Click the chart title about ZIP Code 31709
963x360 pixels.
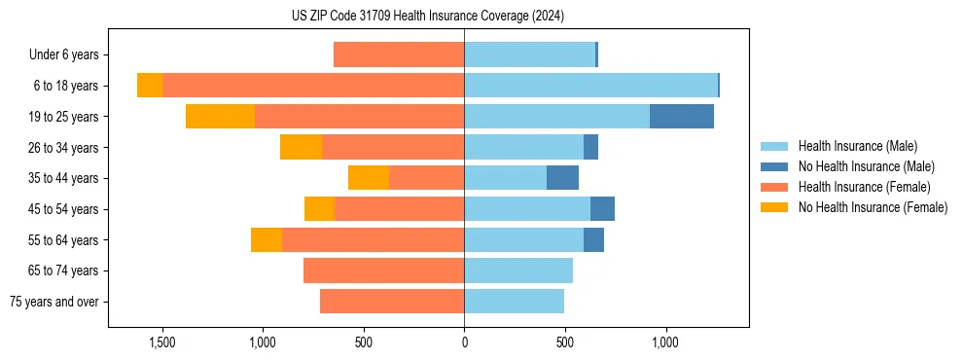[x=427, y=16]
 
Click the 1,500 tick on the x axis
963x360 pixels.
[x=161, y=342]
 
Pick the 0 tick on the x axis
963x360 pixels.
[x=464, y=342]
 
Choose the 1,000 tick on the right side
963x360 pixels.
[x=665, y=342]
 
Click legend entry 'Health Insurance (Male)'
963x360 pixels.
[x=857, y=146]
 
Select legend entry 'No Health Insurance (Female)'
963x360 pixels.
[x=873, y=207]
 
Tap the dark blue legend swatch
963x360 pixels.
[x=775, y=166]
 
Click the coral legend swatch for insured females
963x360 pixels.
[x=775, y=187]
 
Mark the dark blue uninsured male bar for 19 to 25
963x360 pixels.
[x=682, y=117]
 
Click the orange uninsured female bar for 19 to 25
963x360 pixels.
[x=220, y=117]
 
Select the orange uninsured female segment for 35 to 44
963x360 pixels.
[x=369, y=178]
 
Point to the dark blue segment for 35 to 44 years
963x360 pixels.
[x=562, y=178]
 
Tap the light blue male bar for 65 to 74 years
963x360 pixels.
[x=518, y=270]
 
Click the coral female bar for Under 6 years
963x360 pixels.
[x=399, y=54]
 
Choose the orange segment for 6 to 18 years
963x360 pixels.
[x=150, y=86]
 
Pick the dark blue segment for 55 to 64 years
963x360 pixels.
[x=593, y=239]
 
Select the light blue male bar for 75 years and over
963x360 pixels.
[x=514, y=302]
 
